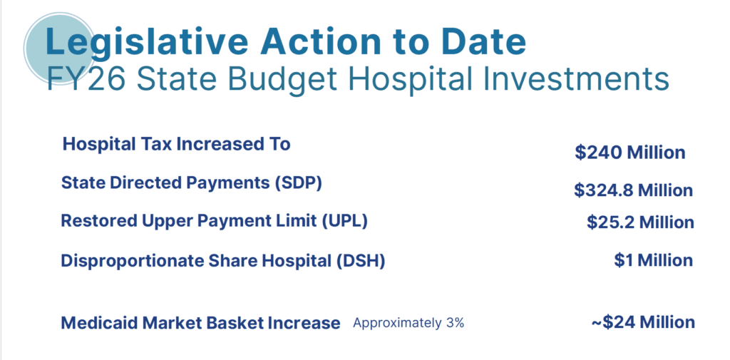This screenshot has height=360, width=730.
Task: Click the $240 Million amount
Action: point(630,153)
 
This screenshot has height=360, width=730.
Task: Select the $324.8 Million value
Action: point(633,190)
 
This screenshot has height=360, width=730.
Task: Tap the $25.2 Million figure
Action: point(640,222)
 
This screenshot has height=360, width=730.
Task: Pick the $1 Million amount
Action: point(653,260)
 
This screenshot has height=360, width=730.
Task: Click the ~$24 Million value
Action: point(643,322)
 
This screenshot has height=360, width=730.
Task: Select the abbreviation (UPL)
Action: point(344,221)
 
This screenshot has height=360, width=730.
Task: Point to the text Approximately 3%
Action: point(408,323)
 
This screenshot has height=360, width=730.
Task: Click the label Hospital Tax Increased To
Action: point(177,144)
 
